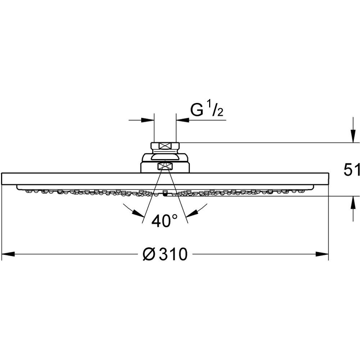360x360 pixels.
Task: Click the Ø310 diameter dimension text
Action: pos(165,254)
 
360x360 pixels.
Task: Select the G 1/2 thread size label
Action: pos(207,109)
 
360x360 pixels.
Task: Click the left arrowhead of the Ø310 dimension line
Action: pos(8,254)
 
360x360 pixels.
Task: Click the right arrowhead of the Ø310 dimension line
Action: pos(322,254)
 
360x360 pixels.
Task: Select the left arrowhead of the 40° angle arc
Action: pos(139,213)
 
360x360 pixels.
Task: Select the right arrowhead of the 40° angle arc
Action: pos(192,213)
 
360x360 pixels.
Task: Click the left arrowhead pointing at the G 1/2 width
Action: pos(148,120)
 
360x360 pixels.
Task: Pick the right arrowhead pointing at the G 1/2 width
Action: pos(183,120)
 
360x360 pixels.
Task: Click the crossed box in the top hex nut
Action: pos(165,146)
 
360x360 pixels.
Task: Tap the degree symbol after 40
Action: pos(175,216)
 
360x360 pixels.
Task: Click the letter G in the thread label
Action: pos(197,110)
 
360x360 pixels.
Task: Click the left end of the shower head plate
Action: pos(2,179)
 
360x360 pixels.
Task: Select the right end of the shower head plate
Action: pos(329,179)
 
